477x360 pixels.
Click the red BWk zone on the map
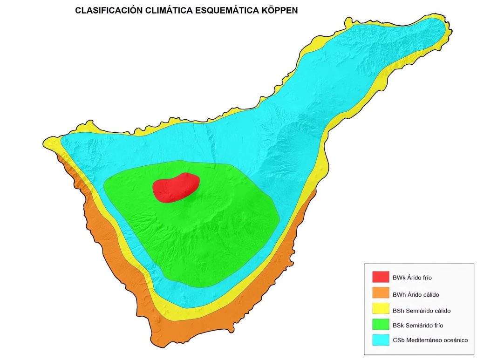176,187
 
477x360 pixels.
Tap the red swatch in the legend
381,277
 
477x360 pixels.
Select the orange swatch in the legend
381,293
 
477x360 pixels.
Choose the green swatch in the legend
381,325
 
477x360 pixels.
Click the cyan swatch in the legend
381,340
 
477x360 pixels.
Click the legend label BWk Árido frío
412,278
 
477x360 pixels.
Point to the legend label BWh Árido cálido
416,294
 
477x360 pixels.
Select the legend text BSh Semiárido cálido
421,310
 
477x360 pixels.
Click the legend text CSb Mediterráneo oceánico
430,340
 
